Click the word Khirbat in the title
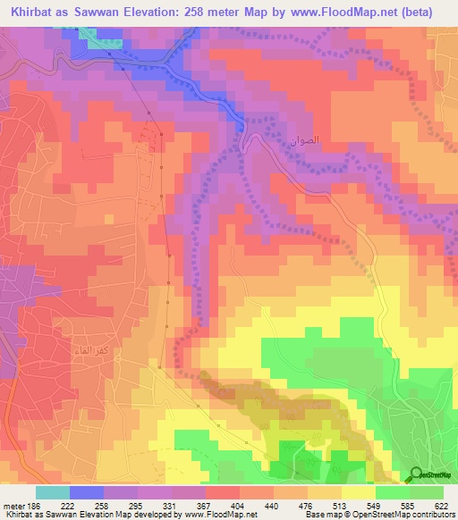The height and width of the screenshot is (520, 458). click(33, 12)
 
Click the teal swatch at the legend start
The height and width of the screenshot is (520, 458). click(53, 492)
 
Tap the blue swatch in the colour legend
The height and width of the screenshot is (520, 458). click(87, 492)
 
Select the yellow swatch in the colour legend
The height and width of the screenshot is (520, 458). click(359, 492)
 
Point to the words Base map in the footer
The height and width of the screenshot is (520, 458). click(319, 515)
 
